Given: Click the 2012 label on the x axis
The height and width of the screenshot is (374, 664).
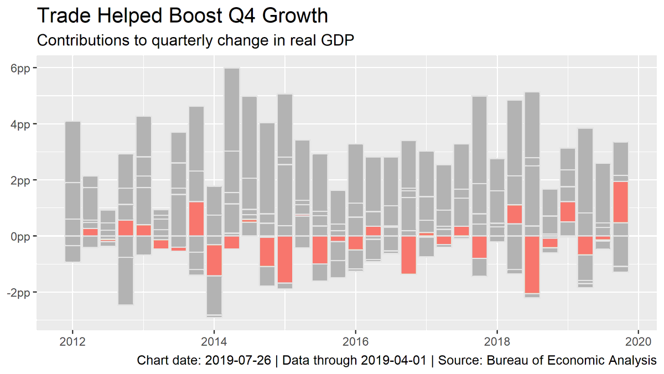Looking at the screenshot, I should point(72,341).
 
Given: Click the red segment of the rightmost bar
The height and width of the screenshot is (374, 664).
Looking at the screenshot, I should point(621,202).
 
